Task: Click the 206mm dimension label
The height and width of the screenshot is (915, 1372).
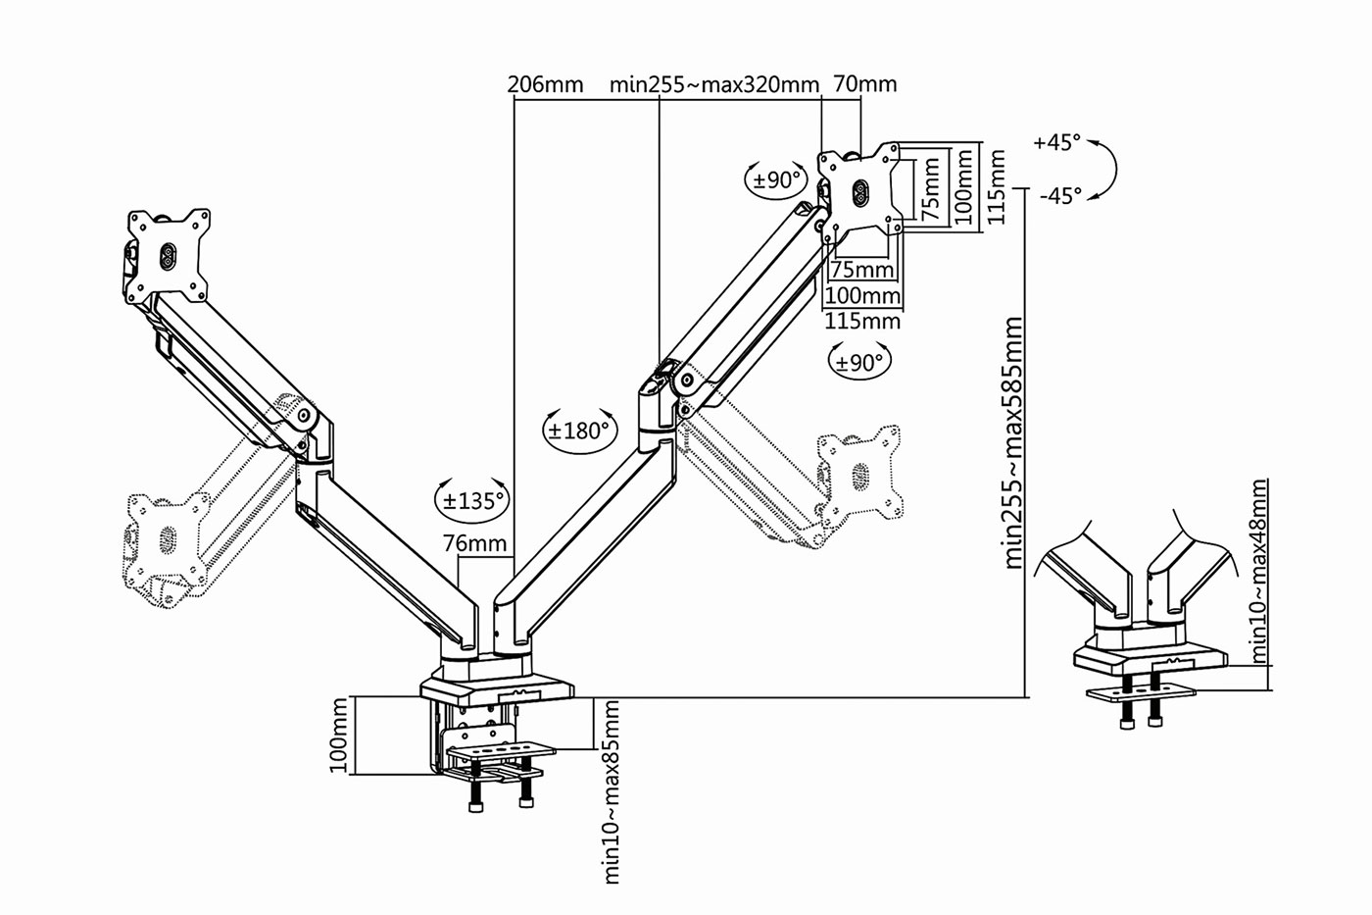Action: tap(545, 84)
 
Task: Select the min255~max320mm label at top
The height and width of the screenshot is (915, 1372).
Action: tap(714, 84)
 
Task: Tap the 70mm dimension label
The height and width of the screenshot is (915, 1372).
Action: tap(864, 83)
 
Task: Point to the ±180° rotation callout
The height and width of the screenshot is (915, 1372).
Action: tap(579, 431)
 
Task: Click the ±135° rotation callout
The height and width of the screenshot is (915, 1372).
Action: tap(472, 501)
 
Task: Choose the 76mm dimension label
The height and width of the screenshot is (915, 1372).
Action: tap(475, 543)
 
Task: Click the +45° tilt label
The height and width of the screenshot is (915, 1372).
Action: tap(1057, 142)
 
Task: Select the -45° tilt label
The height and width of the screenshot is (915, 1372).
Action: tap(1060, 196)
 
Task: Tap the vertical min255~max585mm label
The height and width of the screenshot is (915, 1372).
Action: tap(1013, 442)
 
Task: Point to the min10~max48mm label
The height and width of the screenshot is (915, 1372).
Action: tap(1259, 571)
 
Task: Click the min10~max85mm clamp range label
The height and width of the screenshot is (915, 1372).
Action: tap(612, 791)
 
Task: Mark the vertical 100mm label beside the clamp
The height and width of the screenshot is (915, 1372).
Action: tap(338, 735)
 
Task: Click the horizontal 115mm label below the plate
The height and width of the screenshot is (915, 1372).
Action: tap(862, 321)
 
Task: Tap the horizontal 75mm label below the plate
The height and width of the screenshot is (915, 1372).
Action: tap(862, 270)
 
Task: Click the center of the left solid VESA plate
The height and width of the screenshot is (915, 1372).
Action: tap(169, 256)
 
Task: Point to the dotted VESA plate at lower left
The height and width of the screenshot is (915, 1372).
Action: tap(167, 537)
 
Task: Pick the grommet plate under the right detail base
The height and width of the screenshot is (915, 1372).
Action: tap(1141, 692)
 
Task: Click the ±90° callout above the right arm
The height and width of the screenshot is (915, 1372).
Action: tap(776, 179)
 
